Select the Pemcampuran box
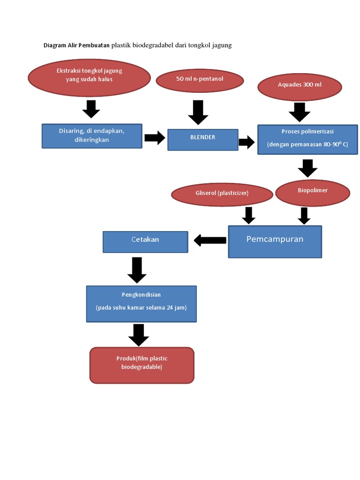coord(275,241)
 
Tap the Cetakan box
coord(145,241)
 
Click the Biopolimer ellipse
coord(313,193)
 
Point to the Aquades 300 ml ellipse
coord(300,86)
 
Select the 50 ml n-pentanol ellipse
coord(200,81)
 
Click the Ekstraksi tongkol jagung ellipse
coord(89,77)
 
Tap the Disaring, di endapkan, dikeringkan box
coord(92,136)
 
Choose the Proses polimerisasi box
coord(307,139)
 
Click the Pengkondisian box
coord(141,303)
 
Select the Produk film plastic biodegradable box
coord(142,365)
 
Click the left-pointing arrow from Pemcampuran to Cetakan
coord(210,240)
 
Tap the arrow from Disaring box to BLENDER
coord(154,138)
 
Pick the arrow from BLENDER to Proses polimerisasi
coord(246,142)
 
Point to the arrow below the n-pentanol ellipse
coord(198,112)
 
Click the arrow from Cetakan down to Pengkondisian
coord(137,270)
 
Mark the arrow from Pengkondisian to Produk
coord(138,334)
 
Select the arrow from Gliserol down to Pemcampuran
coord(248,215)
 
